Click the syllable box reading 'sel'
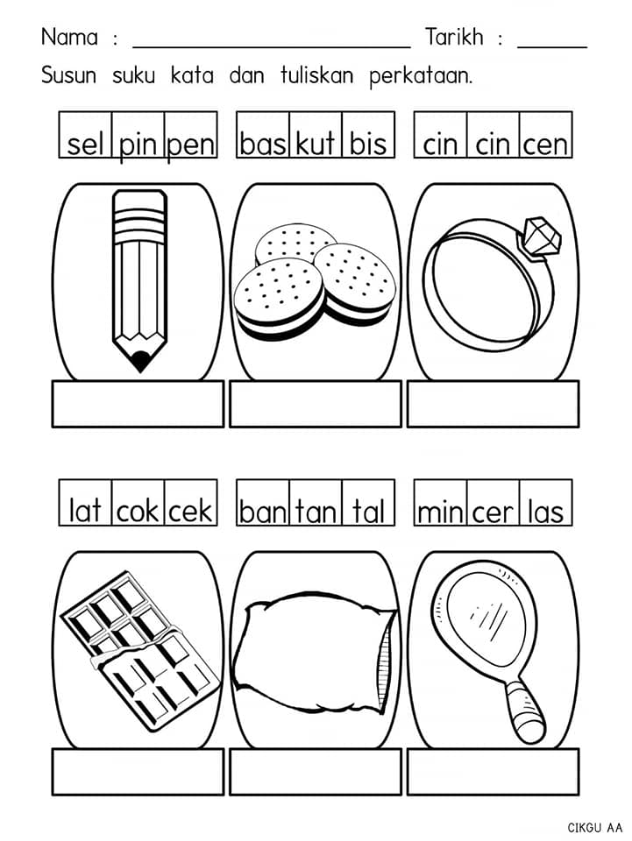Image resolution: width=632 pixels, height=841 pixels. pos(85,135)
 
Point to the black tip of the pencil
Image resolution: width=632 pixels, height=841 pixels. pos(140,360)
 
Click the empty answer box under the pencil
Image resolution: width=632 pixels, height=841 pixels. pos(138,404)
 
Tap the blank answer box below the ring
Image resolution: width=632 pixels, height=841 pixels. pos(493,404)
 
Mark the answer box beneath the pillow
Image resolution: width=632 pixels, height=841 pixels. pos(316,772)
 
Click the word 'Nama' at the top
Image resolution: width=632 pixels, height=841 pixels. pos(70,37)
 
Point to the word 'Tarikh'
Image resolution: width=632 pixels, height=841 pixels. pos(454,37)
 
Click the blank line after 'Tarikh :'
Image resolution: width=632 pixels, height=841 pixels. pos(552,47)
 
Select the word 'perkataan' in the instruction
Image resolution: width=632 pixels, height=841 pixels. pos(421,77)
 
